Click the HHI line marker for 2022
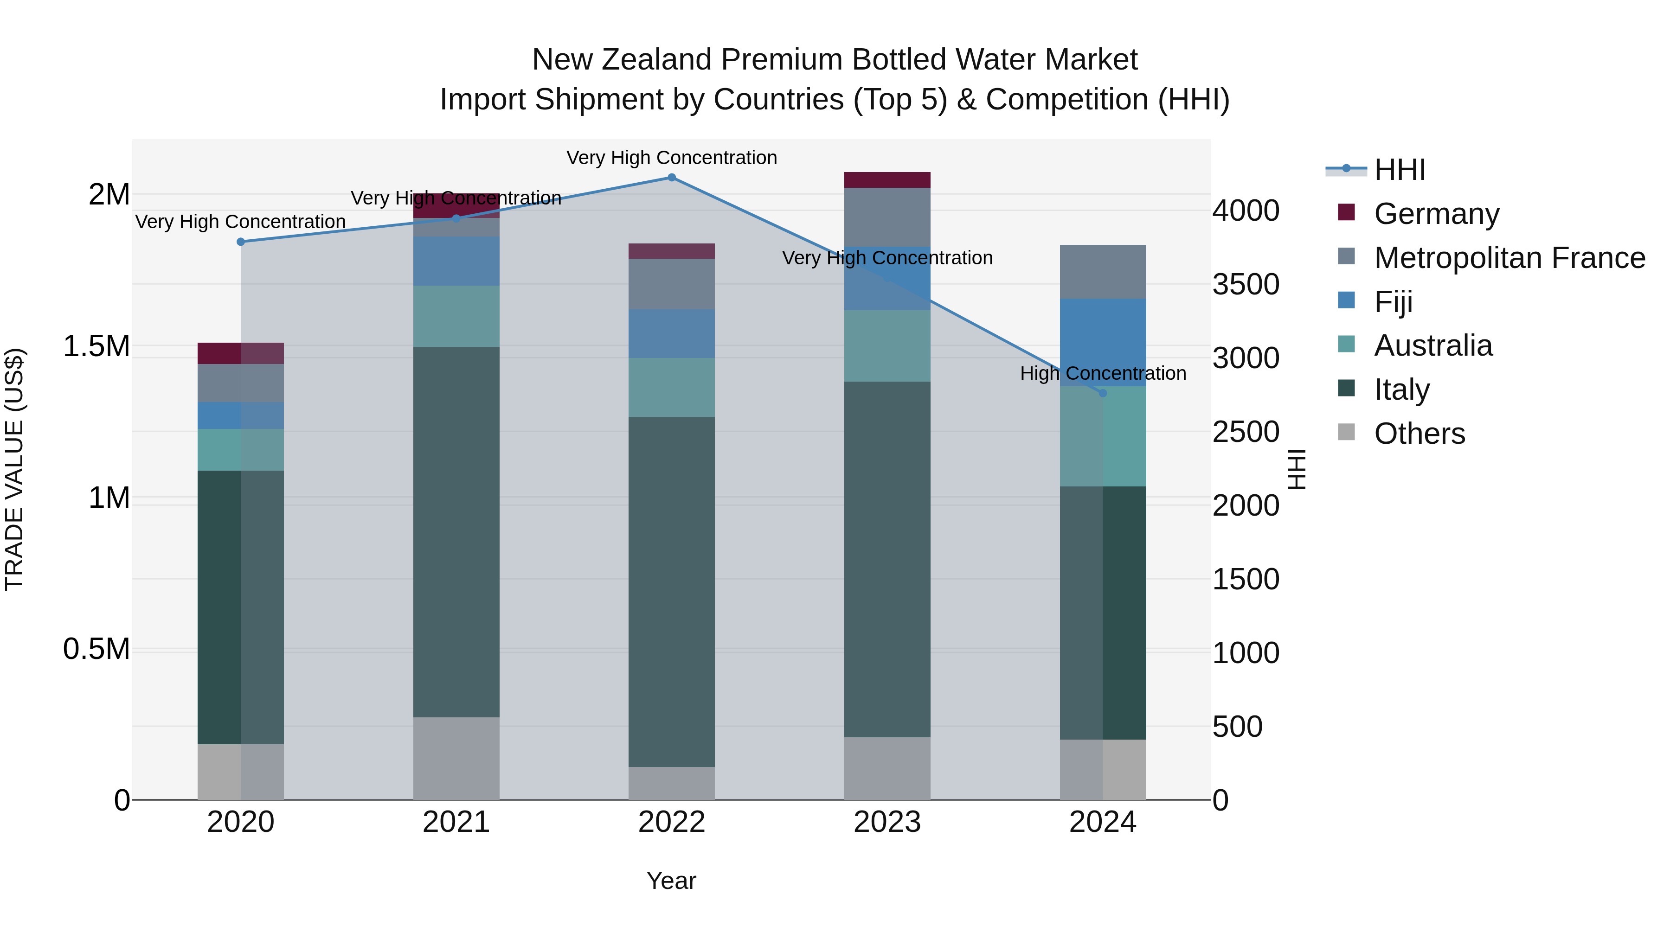tap(672, 178)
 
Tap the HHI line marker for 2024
tap(1102, 393)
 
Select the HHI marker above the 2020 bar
tap(240, 242)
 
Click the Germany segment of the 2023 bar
tap(887, 180)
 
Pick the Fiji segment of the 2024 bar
tap(1102, 342)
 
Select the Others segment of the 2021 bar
tap(456, 758)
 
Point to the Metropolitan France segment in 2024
tap(1102, 272)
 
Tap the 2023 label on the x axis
tap(887, 822)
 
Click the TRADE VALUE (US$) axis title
tap(14, 469)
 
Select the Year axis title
tap(671, 881)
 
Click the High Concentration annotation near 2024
tap(1103, 373)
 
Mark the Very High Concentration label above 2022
tap(672, 158)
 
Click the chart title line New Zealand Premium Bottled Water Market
tap(835, 60)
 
